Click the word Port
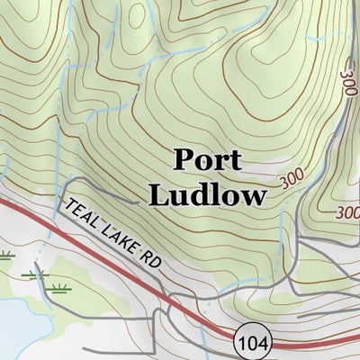tap(207, 161)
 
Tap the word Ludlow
tap(207, 194)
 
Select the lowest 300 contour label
tap(347, 213)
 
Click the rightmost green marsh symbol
tap(61, 289)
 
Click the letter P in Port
tap(182, 161)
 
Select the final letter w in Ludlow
tap(255, 196)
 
